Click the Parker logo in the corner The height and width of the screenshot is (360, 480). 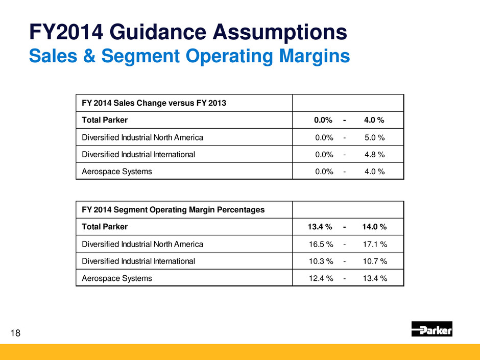431,329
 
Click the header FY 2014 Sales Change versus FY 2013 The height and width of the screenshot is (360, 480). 154,103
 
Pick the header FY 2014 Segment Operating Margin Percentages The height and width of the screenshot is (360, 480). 173,209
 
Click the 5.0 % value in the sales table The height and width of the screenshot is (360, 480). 375,137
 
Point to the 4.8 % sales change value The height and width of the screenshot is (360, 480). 375,154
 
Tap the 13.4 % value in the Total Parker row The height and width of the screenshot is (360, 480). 321,227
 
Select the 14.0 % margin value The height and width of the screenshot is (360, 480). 374,227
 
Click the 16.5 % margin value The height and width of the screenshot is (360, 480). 321,244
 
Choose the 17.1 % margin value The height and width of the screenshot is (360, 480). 375,244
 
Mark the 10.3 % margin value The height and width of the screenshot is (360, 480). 321,261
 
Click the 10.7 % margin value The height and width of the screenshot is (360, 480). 375,261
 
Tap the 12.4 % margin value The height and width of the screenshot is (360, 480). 321,278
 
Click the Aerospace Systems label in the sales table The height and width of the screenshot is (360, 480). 116,172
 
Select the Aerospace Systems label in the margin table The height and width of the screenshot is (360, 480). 116,278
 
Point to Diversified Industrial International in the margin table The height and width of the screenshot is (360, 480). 138,261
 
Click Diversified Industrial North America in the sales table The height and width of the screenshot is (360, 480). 142,137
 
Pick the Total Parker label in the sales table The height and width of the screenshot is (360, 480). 105,121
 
